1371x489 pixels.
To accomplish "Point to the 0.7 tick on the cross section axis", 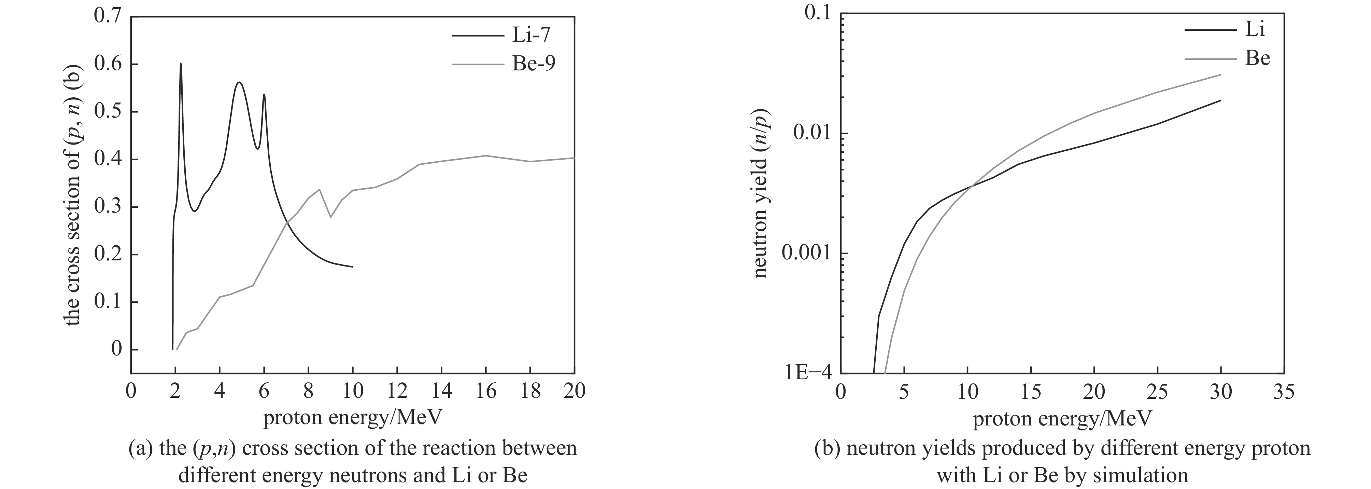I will (x=108, y=16).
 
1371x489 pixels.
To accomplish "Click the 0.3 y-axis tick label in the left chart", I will (x=108, y=207).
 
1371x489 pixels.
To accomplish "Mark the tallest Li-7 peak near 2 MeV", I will (x=181, y=64).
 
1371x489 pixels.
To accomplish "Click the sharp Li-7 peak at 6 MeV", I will (x=264, y=95).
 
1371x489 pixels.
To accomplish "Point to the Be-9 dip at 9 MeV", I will (x=330, y=217).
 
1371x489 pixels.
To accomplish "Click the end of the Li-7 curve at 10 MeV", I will (x=352, y=266).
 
